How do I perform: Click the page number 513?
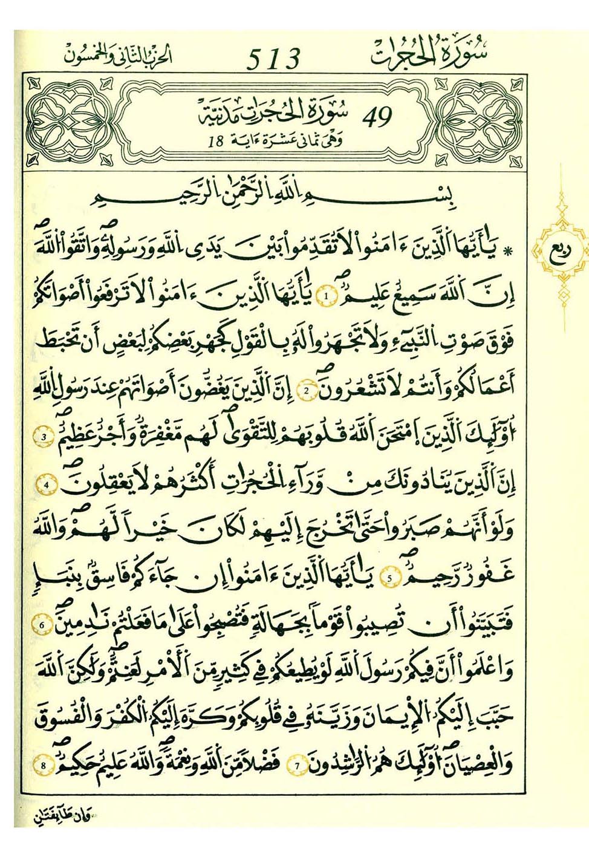[273, 59]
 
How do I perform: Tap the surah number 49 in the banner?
[377, 117]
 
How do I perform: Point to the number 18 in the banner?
[215, 142]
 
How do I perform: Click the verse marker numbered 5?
[390, 578]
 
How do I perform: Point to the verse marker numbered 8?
[44, 766]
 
